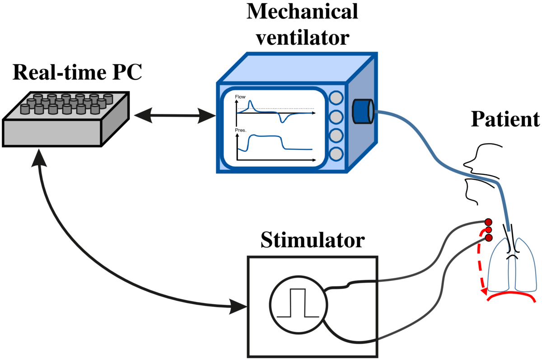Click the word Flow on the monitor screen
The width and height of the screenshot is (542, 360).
point(240,97)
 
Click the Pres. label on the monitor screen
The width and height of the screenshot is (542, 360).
point(240,131)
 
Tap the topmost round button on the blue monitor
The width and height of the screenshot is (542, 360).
point(336,98)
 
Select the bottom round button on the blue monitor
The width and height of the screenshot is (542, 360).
point(336,154)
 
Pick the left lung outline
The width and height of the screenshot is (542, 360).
point(500,266)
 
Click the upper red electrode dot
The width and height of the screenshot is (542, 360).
point(488,222)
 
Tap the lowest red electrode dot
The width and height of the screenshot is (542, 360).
point(488,238)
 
